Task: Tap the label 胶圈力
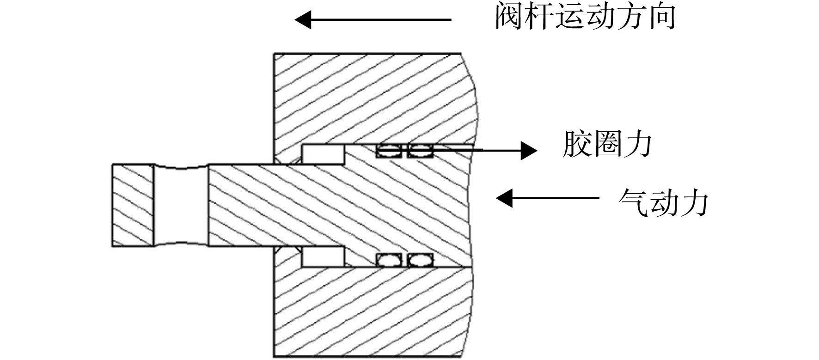(607, 144)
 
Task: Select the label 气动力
(663, 202)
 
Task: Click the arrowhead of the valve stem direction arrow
(303, 20)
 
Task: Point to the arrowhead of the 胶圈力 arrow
(529, 150)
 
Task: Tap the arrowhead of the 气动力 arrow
(504, 198)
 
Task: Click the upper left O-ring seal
(388, 150)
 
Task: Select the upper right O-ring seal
(420, 150)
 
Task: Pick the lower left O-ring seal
(389, 260)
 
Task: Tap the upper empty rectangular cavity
(323, 154)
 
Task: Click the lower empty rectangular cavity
(323, 257)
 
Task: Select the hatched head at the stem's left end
(133, 205)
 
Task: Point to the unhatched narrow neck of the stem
(181, 205)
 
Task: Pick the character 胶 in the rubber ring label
(576, 144)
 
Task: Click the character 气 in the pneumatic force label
(633, 202)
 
